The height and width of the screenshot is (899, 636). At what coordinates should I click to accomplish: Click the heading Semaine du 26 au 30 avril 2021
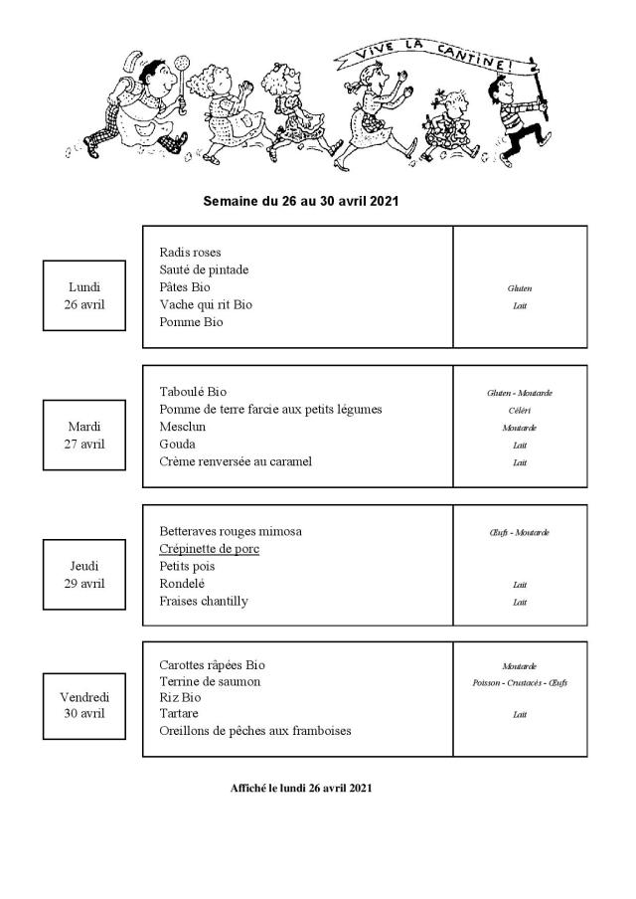[x=300, y=200]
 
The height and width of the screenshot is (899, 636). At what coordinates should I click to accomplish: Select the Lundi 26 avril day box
[x=83, y=295]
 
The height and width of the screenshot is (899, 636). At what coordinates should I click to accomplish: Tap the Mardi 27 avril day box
[x=83, y=435]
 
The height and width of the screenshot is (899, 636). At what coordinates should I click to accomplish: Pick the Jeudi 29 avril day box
[x=83, y=574]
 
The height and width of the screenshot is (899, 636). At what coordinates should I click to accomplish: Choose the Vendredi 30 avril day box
[x=83, y=704]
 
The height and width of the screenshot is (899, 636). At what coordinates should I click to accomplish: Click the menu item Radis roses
[x=190, y=253]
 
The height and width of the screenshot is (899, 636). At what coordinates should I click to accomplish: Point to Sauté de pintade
[x=204, y=270]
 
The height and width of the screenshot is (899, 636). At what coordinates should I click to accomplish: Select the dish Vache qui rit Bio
[x=206, y=304]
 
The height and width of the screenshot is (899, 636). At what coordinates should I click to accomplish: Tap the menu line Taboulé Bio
[x=200, y=392]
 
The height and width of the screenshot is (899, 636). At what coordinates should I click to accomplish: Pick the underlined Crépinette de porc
[x=209, y=549]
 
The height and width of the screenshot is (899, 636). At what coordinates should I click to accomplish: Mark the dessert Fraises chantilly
[x=204, y=601]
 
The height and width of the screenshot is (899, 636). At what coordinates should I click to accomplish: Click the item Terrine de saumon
[x=210, y=681]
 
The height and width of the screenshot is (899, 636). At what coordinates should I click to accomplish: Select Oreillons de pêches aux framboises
[x=254, y=731]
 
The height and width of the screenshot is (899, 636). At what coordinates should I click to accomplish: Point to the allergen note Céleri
[x=520, y=410]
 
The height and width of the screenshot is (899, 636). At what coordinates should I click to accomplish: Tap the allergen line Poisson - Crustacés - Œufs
[x=520, y=683]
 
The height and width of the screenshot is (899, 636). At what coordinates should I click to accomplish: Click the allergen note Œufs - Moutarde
[x=520, y=532]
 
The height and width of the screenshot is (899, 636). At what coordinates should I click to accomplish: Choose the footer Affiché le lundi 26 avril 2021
[x=300, y=788]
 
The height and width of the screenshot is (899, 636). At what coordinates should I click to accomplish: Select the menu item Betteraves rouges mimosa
[x=231, y=531]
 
